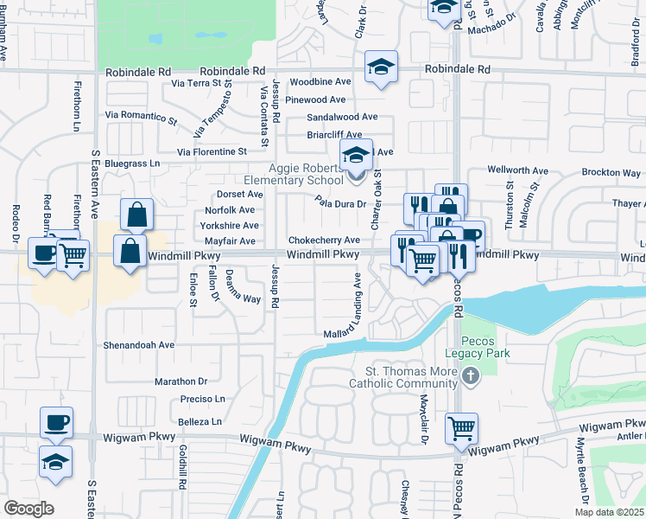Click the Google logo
point(28,509)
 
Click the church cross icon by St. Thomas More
point(470,375)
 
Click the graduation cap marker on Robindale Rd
point(380,67)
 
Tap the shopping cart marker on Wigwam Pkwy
point(462,427)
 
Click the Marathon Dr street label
point(181,381)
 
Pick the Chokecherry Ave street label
point(324,240)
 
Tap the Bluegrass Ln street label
point(132,163)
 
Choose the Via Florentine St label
point(212,151)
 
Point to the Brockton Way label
point(611,173)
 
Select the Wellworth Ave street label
point(518,170)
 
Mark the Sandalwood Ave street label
point(342,117)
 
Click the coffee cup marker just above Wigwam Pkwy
point(57,422)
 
